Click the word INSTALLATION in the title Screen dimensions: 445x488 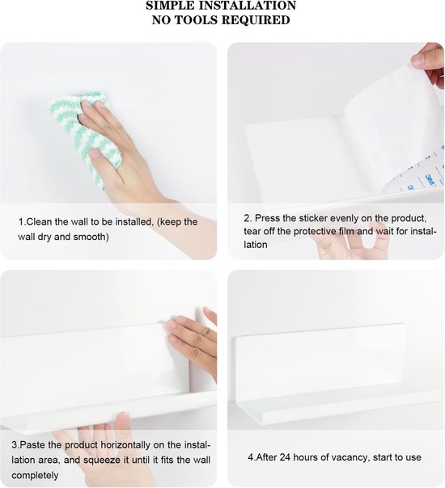point(244,6)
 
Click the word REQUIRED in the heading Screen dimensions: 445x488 point(256,20)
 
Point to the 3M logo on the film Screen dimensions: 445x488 point(430,180)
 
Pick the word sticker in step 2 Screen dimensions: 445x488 point(313,218)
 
